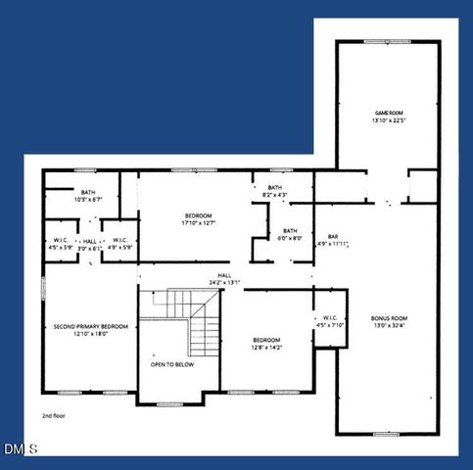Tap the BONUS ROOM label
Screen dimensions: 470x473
click(389, 318)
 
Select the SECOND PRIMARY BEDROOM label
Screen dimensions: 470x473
click(91, 326)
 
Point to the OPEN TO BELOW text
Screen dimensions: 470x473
click(171, 363)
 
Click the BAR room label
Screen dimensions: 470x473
click(333, 236)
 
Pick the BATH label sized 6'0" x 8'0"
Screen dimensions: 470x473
click(290, 233)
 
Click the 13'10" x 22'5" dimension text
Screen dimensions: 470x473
click(389, 121)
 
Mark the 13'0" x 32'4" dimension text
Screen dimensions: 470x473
click(389, 326)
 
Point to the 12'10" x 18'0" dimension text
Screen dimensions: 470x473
click(91, 334)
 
